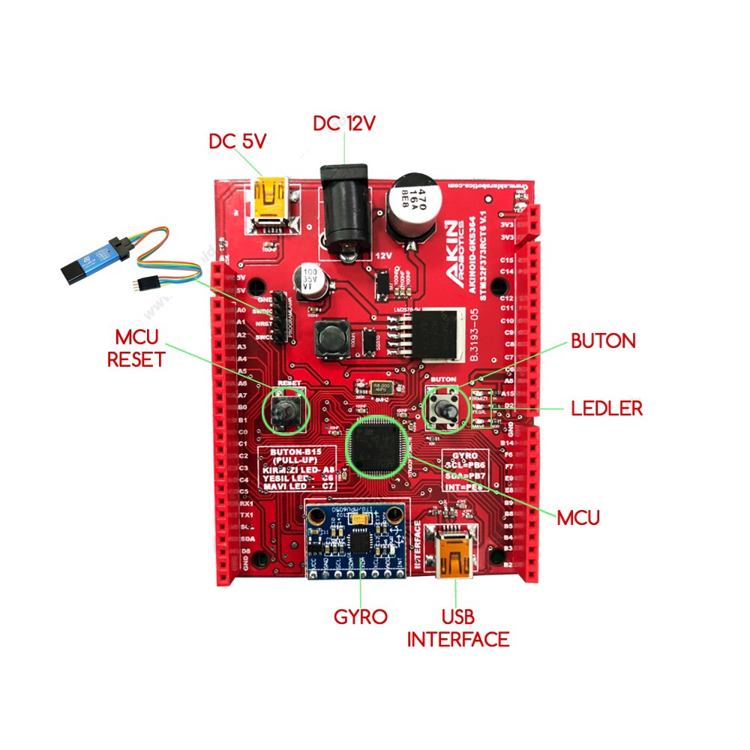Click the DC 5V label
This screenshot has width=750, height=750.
(x=237, y=140)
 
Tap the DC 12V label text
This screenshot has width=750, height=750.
(x=343, y=123)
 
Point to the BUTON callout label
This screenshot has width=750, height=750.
(x=603, y=341)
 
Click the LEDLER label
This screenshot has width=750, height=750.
(x=607, y=409)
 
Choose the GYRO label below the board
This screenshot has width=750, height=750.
(x=361, y=617)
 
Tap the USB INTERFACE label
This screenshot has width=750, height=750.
(x=457, y=628)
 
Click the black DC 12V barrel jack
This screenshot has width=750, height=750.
(x=345, y=210)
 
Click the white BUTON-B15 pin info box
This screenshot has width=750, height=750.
(x=298, y=469)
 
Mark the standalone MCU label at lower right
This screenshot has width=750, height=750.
(x=578, y=517)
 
